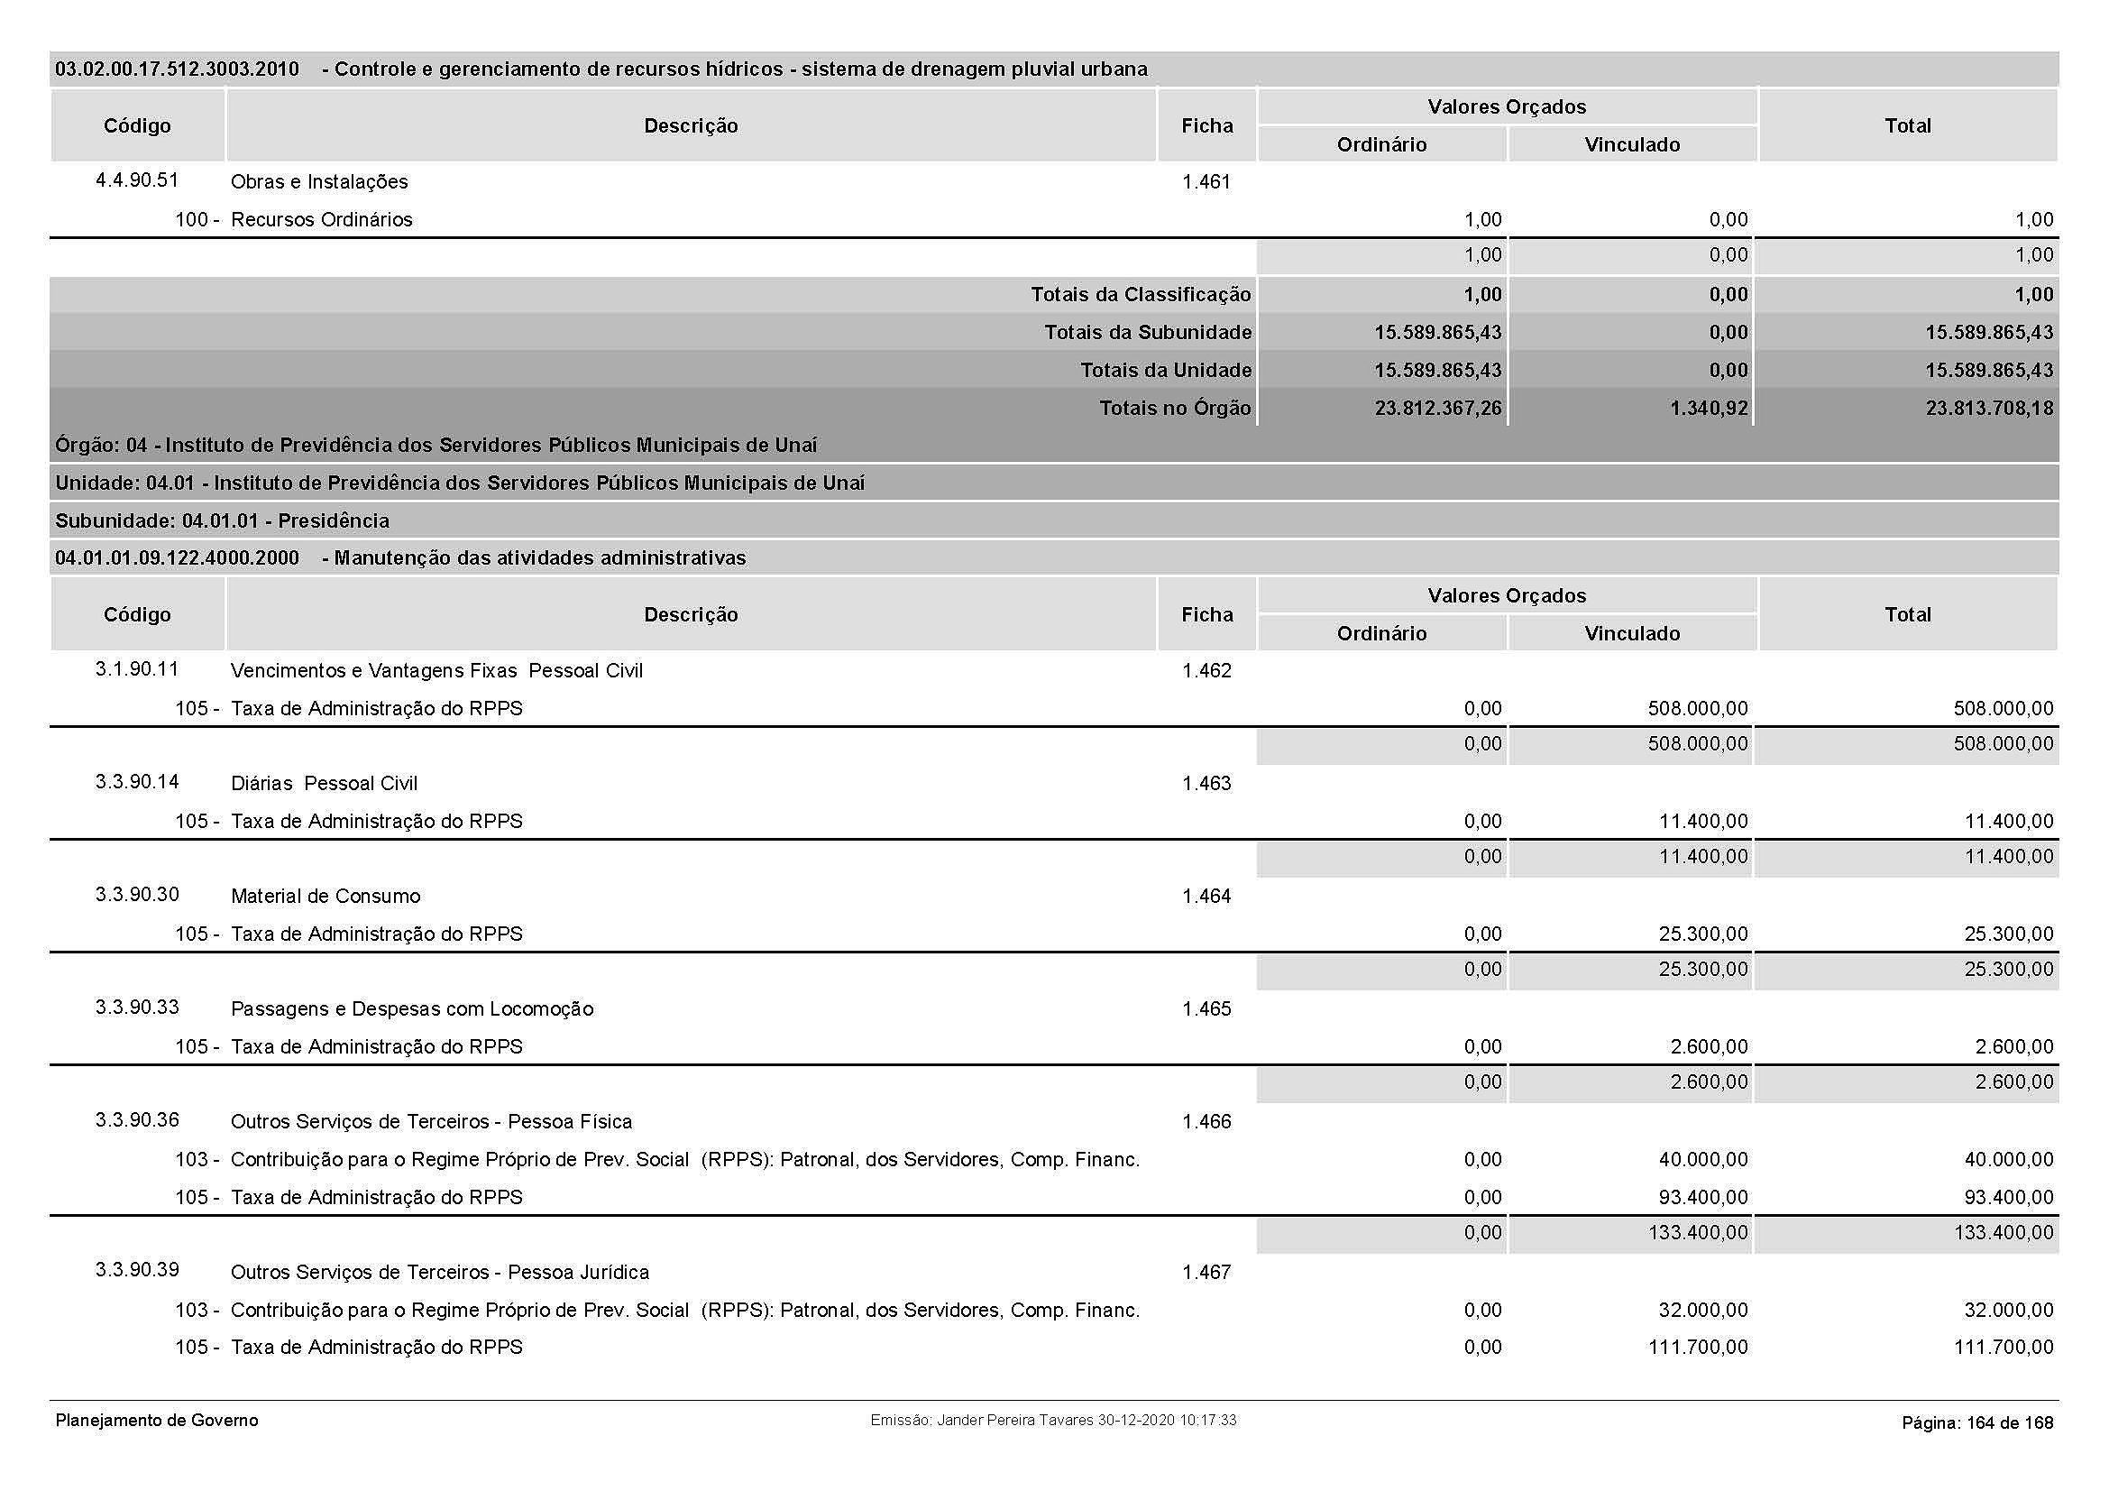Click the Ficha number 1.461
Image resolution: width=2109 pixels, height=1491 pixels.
click(x=1206, y=182)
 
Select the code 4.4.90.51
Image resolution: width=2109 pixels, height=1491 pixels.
click(x=137, y=180)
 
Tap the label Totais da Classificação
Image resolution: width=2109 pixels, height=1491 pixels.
click(x=1140, y=295)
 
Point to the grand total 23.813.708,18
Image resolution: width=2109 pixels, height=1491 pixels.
click(x=1989, y=408)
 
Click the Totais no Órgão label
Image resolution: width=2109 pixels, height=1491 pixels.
click(x=1175, y=408)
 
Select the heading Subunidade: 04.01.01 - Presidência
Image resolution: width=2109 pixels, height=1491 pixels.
click(x=223, y=520)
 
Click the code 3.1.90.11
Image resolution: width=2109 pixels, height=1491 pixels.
click(x=137, y=668)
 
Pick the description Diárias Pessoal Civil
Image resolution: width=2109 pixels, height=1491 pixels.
click(x=325, y=784)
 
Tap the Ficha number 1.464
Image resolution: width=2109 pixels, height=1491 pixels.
click(x=1206, y=896)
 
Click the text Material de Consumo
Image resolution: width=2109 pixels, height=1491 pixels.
click(x=326, y=896)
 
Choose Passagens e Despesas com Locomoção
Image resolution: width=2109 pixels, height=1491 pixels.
click(x=411, y=1008)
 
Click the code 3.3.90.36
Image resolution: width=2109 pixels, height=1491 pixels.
click(x=137, y=1120)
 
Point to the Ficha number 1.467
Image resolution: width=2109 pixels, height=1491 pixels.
click(x=1206, y=1273)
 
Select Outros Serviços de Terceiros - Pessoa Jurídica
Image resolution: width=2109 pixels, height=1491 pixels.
click(x=439, y=1273)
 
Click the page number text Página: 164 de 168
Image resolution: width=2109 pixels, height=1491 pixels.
click(x=1976, y=1423)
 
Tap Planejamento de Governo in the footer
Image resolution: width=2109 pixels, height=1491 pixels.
click(x=157, y=1421)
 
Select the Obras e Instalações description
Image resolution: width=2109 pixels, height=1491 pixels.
click(x=318, y=182)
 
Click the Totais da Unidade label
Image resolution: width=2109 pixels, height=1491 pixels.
click(x=1165, y=370)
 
